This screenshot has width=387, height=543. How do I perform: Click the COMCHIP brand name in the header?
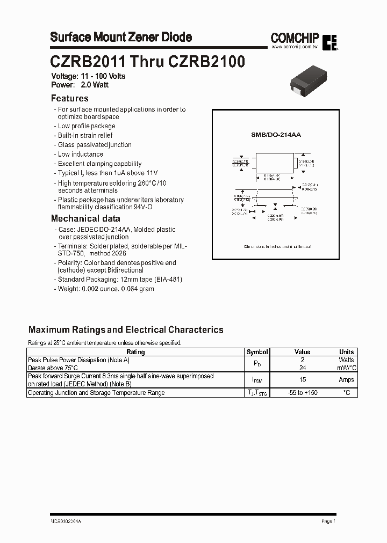(x=295, y=38)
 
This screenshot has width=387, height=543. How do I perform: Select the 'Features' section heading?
(x=69, y=98)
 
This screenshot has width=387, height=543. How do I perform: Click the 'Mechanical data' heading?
(x=85, y=218)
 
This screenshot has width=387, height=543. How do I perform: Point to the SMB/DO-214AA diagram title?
(x=276, y=135)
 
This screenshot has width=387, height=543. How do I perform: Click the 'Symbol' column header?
(x=257, y=352)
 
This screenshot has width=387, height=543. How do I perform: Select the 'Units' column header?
(x=346, y=352)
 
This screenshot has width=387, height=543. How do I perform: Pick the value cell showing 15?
(x=303, y=380)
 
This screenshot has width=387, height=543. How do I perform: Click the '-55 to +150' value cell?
(x=303, y=393)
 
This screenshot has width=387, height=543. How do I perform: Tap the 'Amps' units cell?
(x=346, y=380)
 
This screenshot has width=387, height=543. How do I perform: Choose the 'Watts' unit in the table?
(x=346, y=359)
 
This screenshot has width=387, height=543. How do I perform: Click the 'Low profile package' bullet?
(x=86, y=126)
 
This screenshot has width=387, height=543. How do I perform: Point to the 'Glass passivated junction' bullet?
(x=94, y=145)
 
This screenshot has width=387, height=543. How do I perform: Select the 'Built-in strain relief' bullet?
(x=85, y=136)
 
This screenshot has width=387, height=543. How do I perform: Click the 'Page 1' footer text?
(x=328, y=521)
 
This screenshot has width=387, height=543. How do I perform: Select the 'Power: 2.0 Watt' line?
(x=81, y=85)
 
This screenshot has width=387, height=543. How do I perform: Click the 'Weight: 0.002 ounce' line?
(x=105, y=289)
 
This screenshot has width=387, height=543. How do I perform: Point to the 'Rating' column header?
(x=135, y=352)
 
